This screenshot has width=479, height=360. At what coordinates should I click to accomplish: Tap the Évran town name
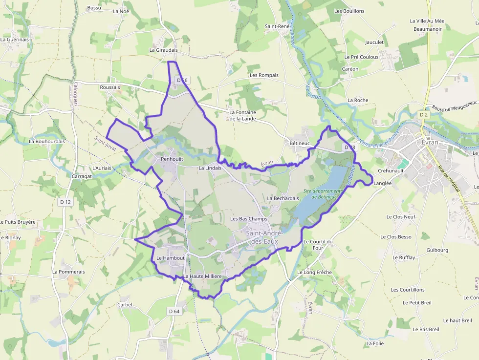pos(423,142)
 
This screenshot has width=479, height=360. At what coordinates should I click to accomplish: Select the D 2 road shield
pos(423,115)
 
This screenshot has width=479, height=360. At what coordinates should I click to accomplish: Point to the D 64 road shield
pos(174,311)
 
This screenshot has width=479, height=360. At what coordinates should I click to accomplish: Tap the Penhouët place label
pos(172,159)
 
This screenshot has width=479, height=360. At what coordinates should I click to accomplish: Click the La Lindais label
pos(210,168)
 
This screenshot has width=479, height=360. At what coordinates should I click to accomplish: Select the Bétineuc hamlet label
pos(300,143)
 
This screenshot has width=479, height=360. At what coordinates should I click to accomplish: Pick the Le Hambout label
pos(171,258)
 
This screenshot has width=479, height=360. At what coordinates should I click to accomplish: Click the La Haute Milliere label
pos(202,276)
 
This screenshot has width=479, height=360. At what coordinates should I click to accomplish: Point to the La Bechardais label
pos(283,198)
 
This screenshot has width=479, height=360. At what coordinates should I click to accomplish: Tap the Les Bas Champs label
pos(249,219)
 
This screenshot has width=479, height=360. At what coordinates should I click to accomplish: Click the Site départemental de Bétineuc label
pos(321,194)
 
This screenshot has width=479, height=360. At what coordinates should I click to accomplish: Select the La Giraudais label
pos(163,50)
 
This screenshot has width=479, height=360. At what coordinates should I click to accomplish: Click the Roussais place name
pos(109,87)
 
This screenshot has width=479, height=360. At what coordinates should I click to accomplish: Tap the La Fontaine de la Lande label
pos(243,115)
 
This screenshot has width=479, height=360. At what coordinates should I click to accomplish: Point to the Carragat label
pos(82,176)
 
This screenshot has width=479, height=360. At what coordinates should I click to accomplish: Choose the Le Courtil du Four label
pos(318,245)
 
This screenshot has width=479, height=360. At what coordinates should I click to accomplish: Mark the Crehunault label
pos(391,170)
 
